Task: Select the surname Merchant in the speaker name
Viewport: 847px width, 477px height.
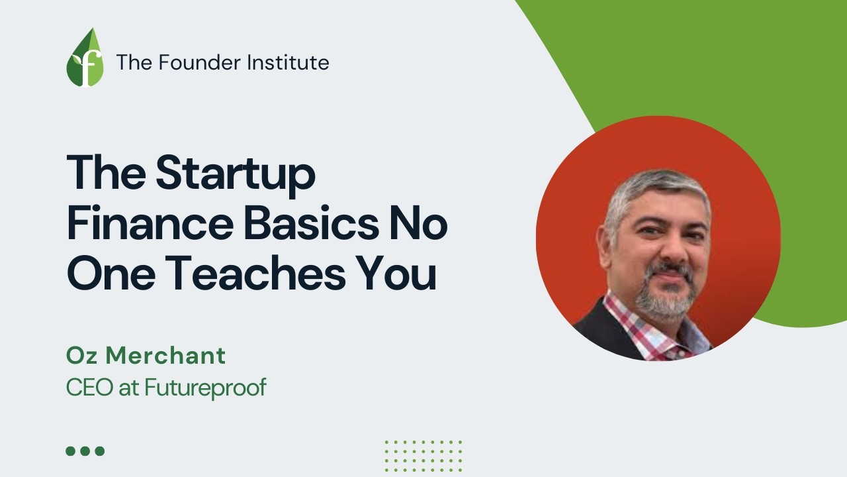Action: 166,356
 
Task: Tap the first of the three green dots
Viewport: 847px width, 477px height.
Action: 71,451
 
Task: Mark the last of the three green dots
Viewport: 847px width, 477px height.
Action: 100,451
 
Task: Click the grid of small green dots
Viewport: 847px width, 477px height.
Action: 423,455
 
